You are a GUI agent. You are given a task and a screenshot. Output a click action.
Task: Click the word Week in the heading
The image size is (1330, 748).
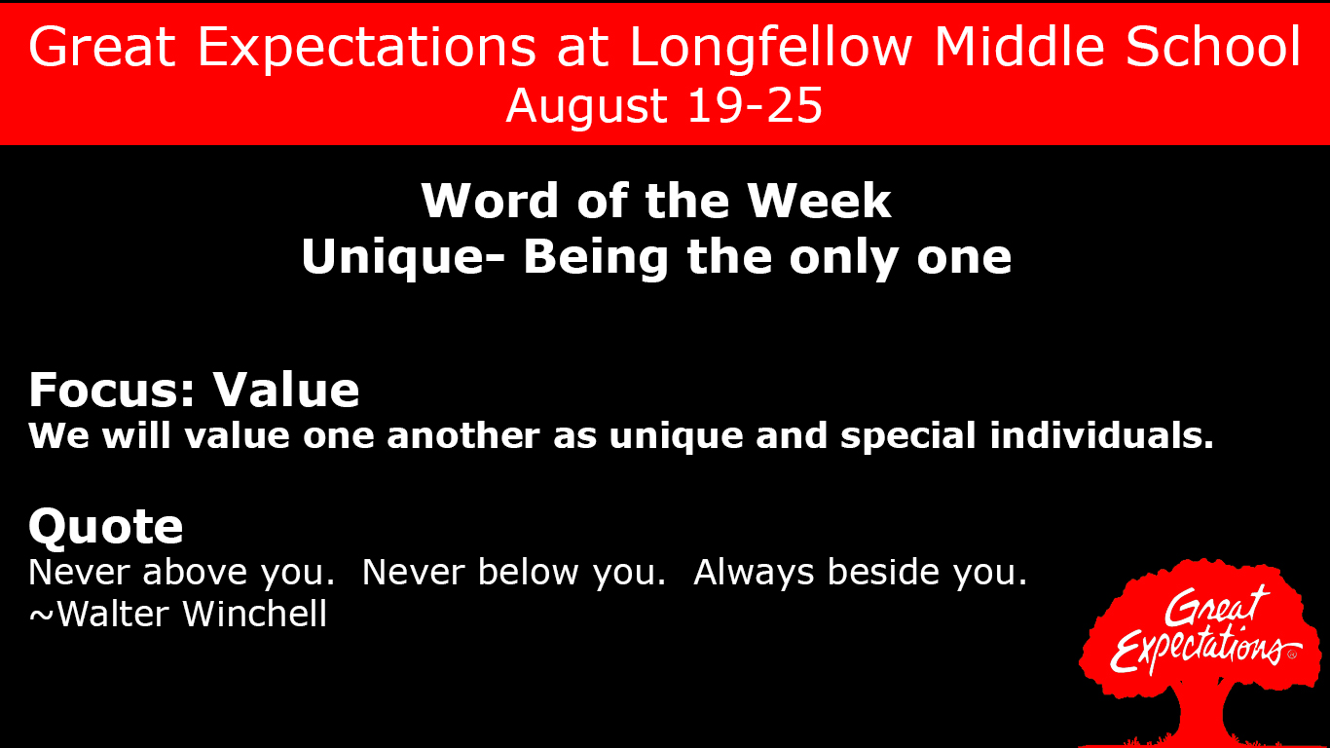(819, 201)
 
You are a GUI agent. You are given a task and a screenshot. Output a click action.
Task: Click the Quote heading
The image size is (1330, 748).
(105, 527)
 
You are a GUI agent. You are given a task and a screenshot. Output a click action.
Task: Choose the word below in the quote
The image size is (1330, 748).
(532, 573)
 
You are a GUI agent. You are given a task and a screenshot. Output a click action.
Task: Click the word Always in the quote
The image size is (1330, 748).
(755, 573)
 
